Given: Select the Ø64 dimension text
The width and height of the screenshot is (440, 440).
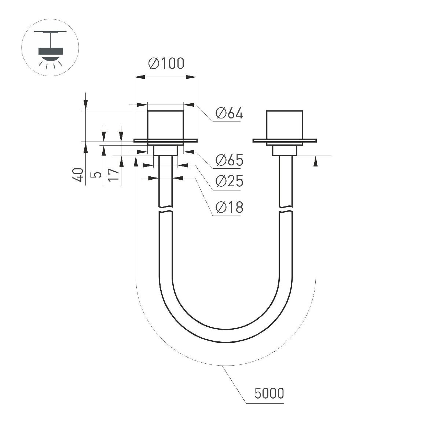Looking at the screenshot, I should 229,113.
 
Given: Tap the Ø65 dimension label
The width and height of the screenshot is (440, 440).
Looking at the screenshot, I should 229,160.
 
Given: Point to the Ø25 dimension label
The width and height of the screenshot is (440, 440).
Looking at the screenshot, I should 229,181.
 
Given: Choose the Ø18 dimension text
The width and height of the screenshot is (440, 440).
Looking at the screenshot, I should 229,208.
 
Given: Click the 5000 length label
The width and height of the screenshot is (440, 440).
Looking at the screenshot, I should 269,393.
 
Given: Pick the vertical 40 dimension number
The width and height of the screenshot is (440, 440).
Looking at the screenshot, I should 77,175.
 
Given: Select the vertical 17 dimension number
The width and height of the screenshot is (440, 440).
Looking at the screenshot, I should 114,175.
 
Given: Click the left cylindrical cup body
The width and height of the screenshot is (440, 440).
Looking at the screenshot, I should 165,125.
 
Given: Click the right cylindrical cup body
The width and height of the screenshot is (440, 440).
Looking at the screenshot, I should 285,125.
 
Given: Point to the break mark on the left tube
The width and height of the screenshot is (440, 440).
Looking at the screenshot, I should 165,212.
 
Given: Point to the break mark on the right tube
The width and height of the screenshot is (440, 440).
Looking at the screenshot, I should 286,212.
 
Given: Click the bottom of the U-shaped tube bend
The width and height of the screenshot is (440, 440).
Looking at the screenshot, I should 226,335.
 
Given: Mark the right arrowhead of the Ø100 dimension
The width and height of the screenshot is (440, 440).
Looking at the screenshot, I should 191,77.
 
